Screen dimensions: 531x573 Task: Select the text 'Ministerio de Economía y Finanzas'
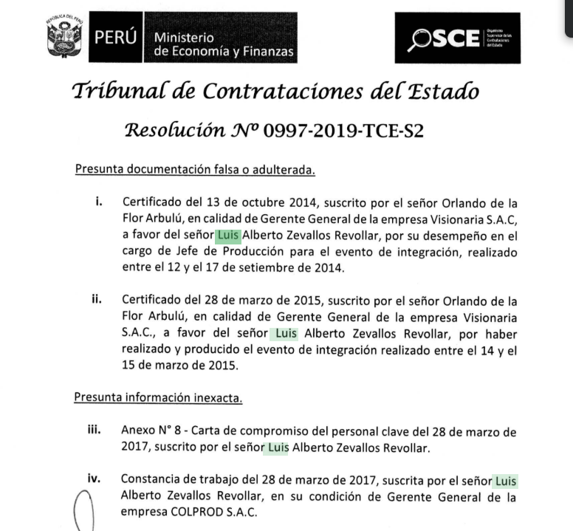[x=223, y=44]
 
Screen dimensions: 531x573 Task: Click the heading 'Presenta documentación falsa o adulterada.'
[x=195, y=170]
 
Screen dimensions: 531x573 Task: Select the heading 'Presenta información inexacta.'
[x=158, y=397]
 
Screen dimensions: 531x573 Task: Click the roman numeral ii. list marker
[x=96, y=300]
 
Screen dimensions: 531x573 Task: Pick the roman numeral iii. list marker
[x=94, y=430]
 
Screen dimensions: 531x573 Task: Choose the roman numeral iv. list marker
[x=95, y=479]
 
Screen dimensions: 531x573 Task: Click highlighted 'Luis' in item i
[x=227, y=236]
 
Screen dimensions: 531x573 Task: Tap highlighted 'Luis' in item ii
[x=285, y=333]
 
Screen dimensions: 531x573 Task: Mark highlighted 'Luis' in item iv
[x=505, y=481]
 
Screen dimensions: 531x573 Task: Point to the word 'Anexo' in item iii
[x=137, y=431]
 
